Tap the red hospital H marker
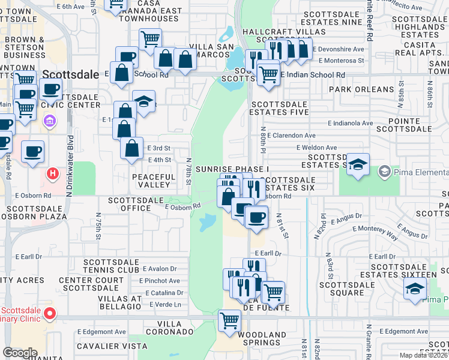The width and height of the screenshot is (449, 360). tap(53, 174)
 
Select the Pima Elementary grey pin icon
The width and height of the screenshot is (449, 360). tap(384, 172)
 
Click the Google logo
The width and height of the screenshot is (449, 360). tap(20, 353)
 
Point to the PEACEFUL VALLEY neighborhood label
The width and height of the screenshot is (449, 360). tap(154, 181)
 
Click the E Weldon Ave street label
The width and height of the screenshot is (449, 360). tap(316, 148)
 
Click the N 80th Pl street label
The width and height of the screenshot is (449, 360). tap(262, 138)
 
